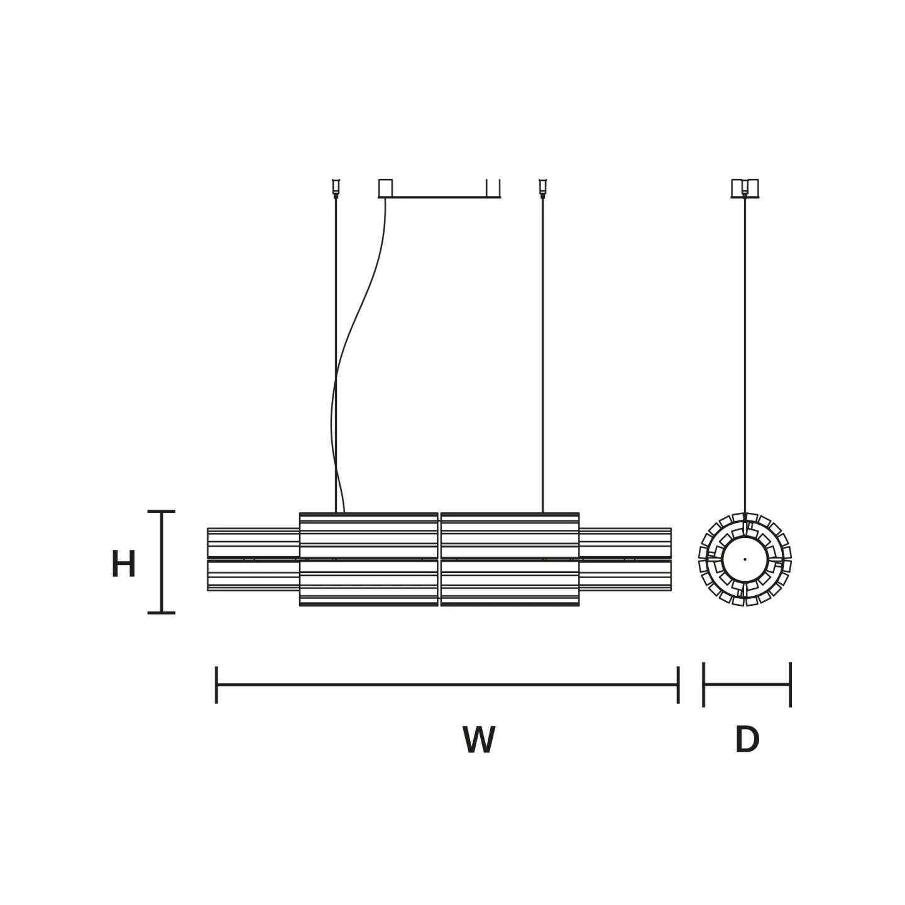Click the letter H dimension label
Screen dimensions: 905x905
coord(124,563)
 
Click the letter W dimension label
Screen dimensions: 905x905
coord(478,740)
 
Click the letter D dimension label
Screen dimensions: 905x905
coord(747,740)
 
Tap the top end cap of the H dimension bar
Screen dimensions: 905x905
coord(161,511)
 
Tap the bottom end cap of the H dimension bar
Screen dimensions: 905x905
coord(161,612)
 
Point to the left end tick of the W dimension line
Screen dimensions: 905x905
coord(216,684)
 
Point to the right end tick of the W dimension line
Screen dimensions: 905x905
coord(678,684)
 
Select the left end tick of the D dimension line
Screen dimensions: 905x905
coord(703,684)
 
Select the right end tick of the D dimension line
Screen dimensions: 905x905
coord(791,684)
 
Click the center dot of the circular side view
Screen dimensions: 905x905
coord(745,559)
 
